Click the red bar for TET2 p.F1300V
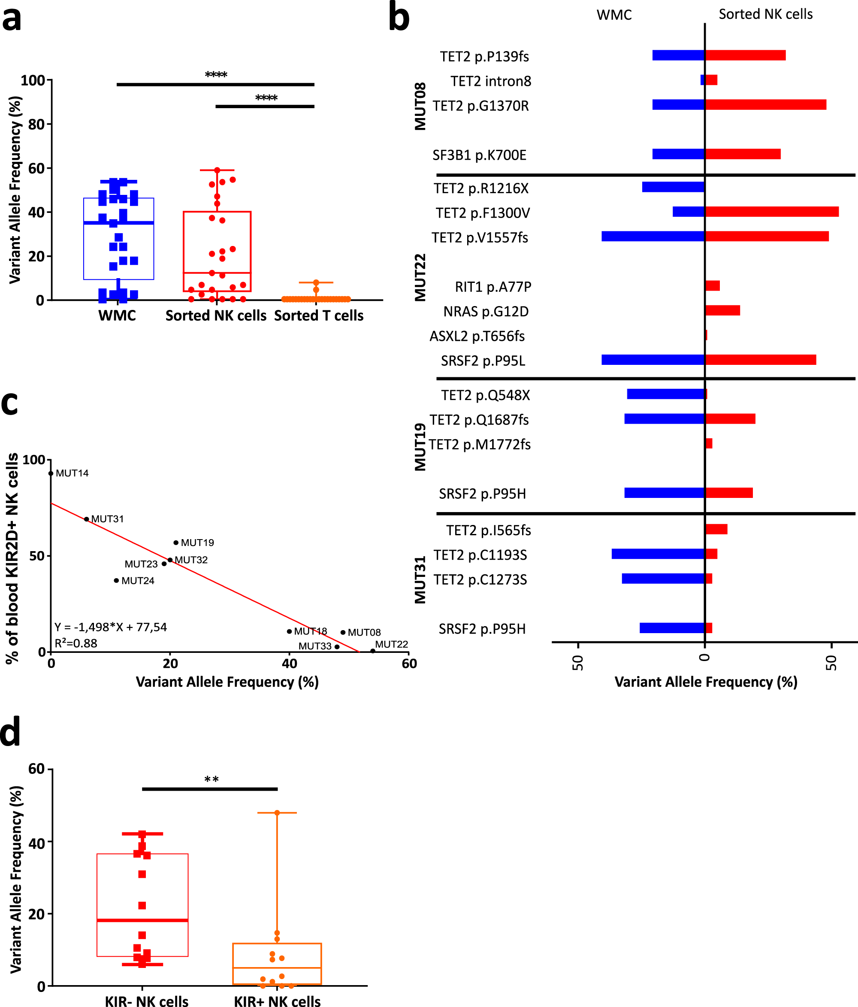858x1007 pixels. (x=771, y=212)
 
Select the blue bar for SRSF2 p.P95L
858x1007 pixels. (x=653, y=360)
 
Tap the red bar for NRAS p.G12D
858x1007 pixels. (x=722, y=310)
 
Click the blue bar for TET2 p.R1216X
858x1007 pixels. (x=673, y=187)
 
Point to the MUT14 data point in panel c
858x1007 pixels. (x=51, y=473)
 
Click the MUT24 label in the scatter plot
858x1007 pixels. (x=138, y=581)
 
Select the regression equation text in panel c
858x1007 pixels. (x=111, y=627)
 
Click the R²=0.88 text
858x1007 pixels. (x=76, y=643)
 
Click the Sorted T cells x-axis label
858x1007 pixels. (x=319, y=316)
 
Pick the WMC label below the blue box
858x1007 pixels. (x=117, y=316)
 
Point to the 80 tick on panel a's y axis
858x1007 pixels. (x=37, y=124)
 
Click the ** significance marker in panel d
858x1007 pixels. (x=211, y=780)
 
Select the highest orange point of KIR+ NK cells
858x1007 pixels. (x=277, y=813)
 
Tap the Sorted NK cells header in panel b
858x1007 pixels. (x=765, y=14)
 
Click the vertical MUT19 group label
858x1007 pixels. (x=420, y=447)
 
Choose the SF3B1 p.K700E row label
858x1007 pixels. (x=479, y=155)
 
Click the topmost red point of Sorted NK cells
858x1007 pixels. (x=217, y=170)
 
